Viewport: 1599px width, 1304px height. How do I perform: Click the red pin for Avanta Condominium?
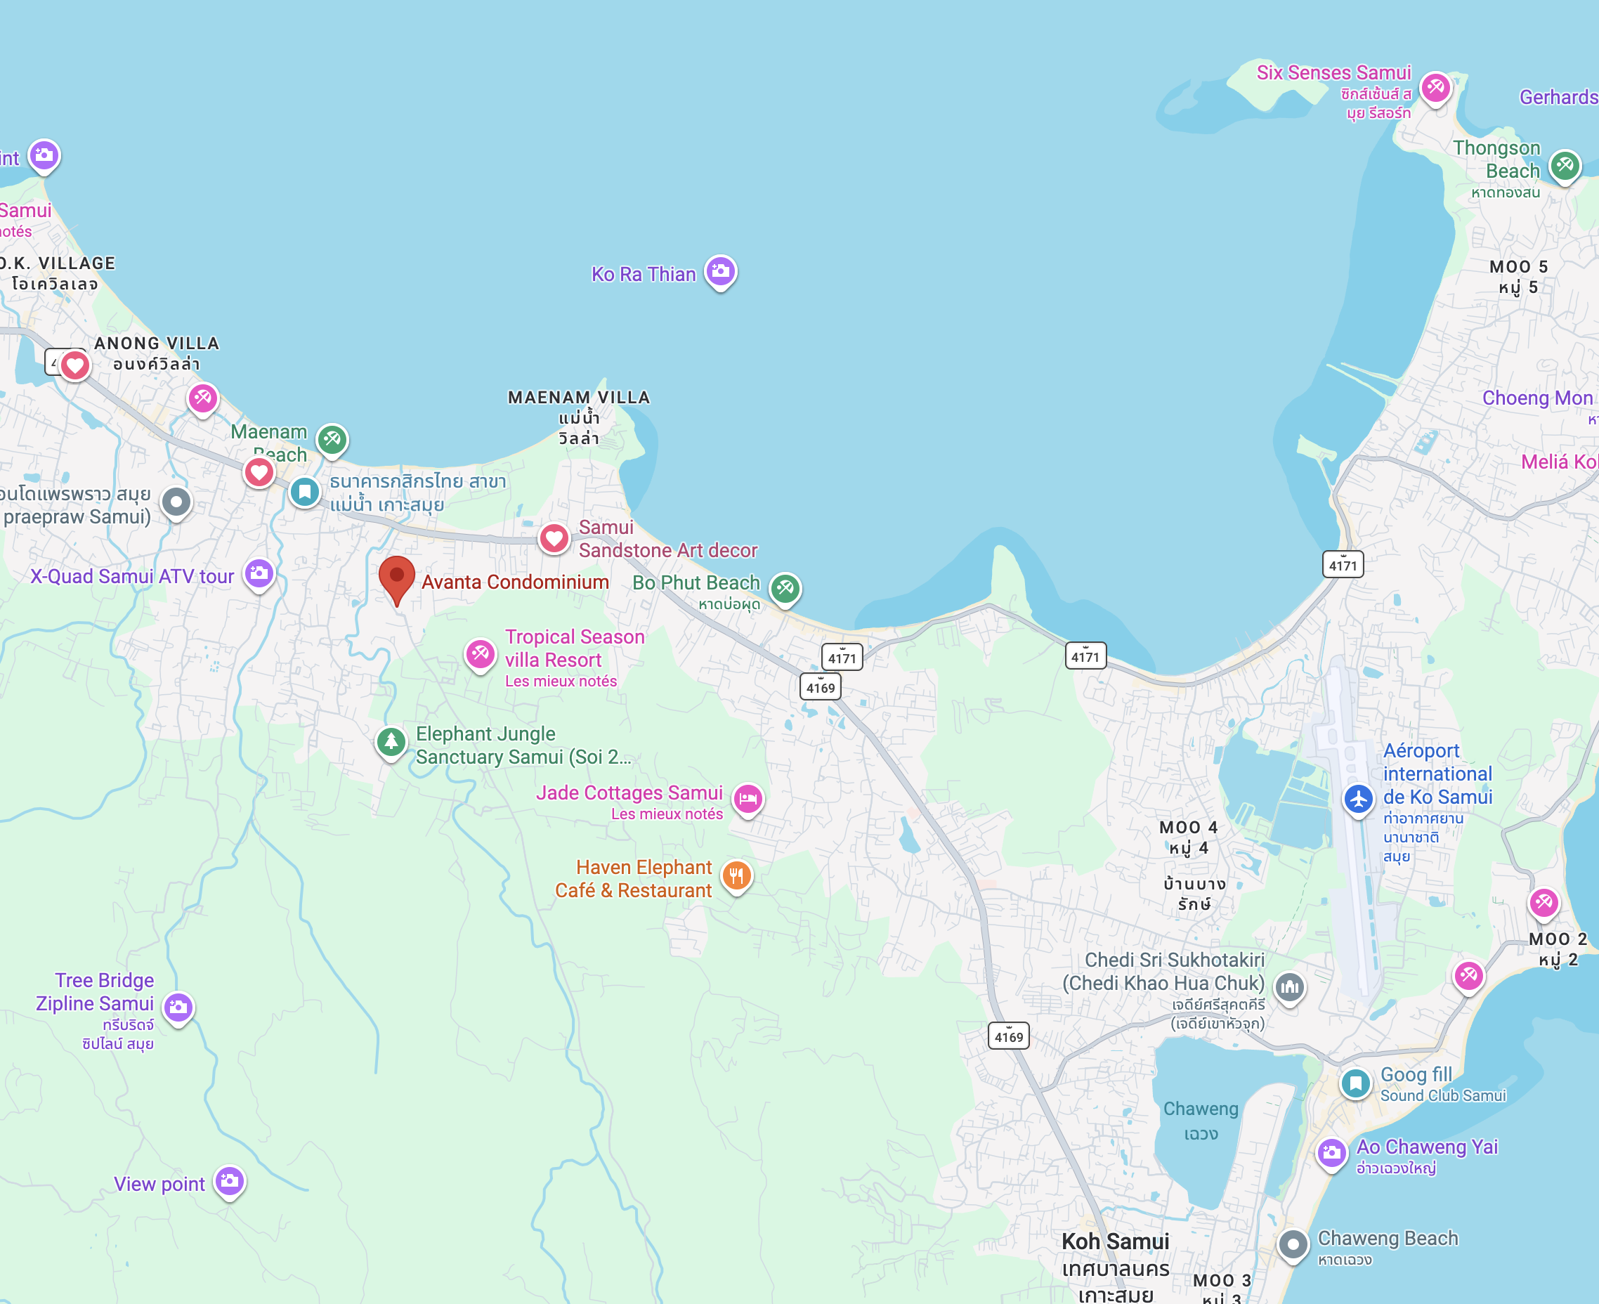pyautogui.click(x=396, y=577)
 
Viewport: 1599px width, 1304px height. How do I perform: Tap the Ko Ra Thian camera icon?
pyautogui.click(x=720, y=270)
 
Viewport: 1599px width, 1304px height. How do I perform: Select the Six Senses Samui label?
pyautogui.click(x=1334, y=73)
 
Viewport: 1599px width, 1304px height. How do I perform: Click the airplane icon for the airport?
pyautogui.click(x=1358, y=797)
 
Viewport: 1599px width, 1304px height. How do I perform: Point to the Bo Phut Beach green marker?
pyautogui.click(x=785, y=587)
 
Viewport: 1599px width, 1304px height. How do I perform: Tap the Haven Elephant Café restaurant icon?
pyautogui.click(x=736, y=875)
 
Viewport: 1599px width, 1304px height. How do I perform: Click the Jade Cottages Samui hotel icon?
pyautogui.click(x=748, y=798)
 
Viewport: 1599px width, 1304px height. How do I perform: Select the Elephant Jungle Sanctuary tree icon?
pyautogui.click(x=391, y=741)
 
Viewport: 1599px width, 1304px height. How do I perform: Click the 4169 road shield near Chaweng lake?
pyautogui.click(x=1008, y=1036)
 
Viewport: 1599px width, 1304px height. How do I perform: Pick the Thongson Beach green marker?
pyautogui.click(x=1565, y=164)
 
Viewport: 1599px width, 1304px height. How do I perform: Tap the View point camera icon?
pyautogui.click(x=229, y=1181)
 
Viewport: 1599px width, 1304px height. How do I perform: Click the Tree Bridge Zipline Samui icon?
pyautogui.click(x=178, y=1007)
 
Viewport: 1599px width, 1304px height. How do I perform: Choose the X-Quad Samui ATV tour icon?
pyautogui.click(x=259, y=573)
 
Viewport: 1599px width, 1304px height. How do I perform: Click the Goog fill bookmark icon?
pyautogui.click(x=1356, y=1083)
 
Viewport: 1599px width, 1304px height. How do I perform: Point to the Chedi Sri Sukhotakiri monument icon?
pyautogui.click(x=1290, y=986)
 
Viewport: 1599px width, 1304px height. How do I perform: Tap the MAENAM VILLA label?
pyautogui.click(x=578, y=398)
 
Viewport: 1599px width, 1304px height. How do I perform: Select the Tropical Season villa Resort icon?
pyautogui.click(x=480, y=653)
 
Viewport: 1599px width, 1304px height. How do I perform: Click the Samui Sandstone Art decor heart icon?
pyautogui.click(x=554, y=537)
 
